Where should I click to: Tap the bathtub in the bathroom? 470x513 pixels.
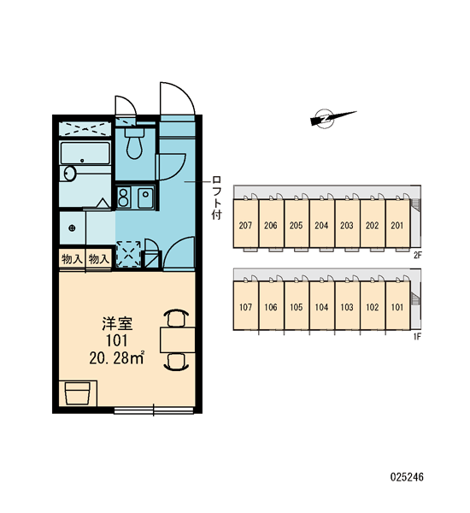click(x=85, y=153)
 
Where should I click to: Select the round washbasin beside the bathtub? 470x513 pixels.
click(x=70, y=173)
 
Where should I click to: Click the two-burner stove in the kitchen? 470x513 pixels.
click(x=123, y=198)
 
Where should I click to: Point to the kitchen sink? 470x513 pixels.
click(x=145, y=198)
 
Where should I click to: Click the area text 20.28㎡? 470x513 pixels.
click(x=117, y=358)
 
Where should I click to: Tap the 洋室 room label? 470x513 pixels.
click(x=117, y=323)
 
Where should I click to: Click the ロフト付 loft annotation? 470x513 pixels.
click(x=216, y=198)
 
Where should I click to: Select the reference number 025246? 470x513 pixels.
click(x=407, y=477)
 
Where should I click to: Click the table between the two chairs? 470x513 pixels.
click(x=177, y=339)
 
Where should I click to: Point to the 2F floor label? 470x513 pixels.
click(x=417, y=255)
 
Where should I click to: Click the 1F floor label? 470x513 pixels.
click(x=417, y=337)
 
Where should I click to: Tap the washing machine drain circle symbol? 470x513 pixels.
click(x=73, y=227)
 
